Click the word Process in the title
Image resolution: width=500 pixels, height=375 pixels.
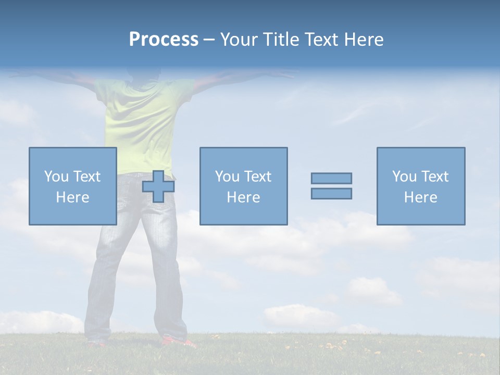(x=164, y=40)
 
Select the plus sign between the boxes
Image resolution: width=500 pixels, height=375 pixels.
(x=158, y=186)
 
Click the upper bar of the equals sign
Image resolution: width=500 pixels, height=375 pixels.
(x=331, y=178)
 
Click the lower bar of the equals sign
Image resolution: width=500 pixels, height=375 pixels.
(x=331, y=193)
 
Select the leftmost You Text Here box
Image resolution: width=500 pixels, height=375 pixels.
(x=73, y=186)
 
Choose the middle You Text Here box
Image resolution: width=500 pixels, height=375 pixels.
(x=243, y=186)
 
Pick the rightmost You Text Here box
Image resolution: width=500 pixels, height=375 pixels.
(x=421, y=186)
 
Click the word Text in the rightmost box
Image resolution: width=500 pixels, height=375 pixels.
(x=433, y=177)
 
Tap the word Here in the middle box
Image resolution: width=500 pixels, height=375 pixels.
(x=243, y=197)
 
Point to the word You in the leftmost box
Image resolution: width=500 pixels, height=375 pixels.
(x=56, y=177)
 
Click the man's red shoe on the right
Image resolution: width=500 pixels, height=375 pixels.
(x=178, y=342)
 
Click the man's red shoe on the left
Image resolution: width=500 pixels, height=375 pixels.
(x=97, y=343)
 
